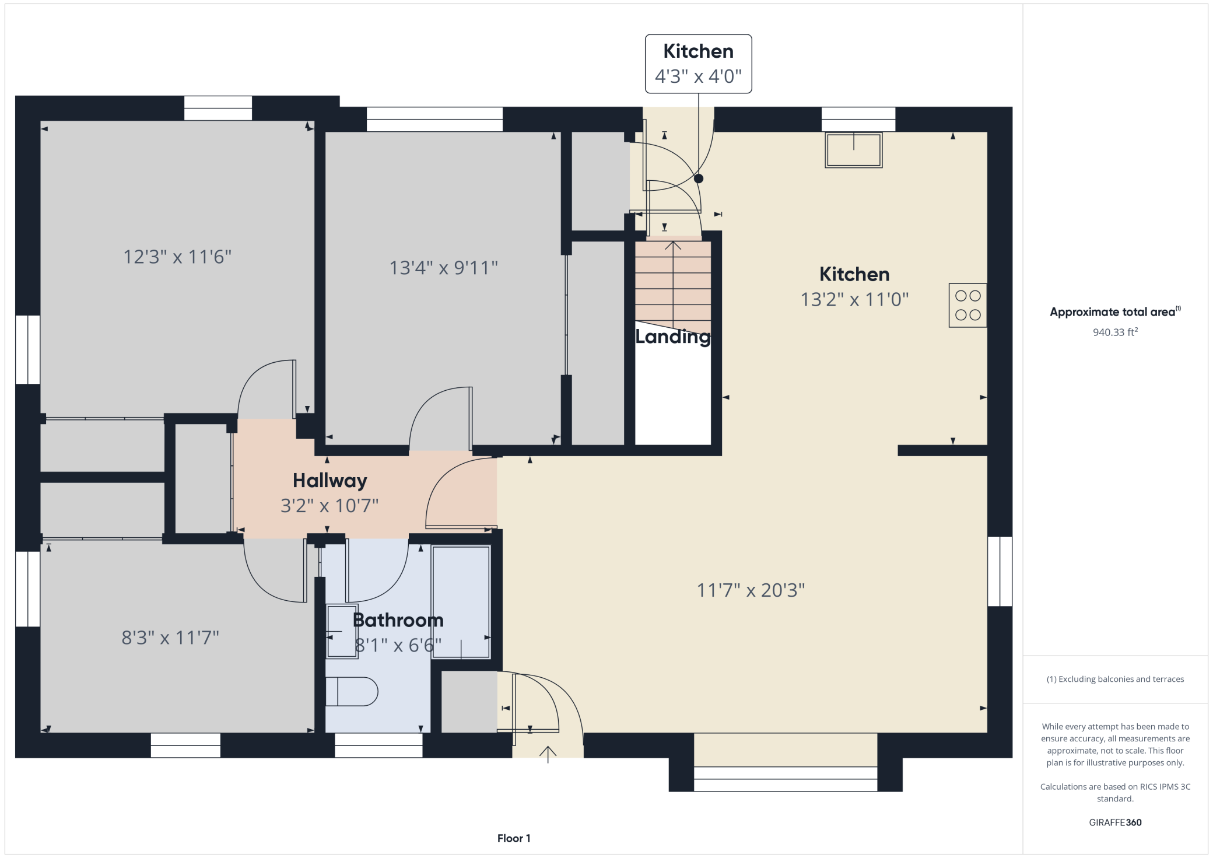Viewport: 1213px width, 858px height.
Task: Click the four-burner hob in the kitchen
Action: (x=967, y=305)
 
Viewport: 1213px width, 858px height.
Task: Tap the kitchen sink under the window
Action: (x=853, y=150)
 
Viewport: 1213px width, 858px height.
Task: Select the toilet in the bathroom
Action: (x=352, y=692)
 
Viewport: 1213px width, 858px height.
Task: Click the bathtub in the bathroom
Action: (x=461, y=603)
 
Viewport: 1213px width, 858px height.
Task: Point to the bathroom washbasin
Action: (x=342, y=632)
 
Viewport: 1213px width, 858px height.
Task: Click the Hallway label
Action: (x=330, y=481)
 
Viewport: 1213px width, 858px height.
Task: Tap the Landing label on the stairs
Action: (x=673, y=337)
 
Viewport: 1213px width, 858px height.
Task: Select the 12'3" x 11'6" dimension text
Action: (x=177, y=257)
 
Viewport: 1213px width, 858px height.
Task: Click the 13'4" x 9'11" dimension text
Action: (x=444, y=268)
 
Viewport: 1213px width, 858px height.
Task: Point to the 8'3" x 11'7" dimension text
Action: (x=170, y=638)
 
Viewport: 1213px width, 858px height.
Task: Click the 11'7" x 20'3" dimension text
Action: (x=751, y=590)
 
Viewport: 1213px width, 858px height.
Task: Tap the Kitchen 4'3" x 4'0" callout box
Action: (x=699, y=64)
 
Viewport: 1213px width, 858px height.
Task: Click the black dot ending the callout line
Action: (x=699, y=179)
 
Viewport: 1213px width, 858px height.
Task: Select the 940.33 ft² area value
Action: (x=1115, y=332)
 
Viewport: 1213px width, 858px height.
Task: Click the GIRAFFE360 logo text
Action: (x=1115, y=822)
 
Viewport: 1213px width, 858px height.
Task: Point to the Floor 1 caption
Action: (x=514, y=838)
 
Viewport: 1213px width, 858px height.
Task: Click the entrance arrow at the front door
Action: (x=548, y=754)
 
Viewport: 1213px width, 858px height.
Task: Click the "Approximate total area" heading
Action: (x=1115, y=311)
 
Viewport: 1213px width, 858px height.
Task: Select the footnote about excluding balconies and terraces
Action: (x=1115, y=679)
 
